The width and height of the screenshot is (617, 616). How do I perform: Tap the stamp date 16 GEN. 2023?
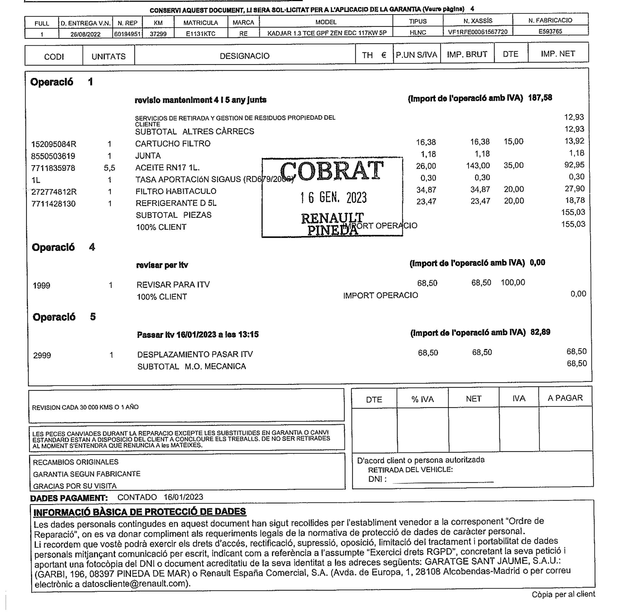click(x=333, y=198)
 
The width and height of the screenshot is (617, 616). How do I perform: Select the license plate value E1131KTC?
click(x=201, y=34)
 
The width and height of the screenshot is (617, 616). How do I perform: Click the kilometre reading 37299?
click(x=158, y=34)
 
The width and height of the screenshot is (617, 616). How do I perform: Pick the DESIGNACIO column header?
click(x=244, y=56)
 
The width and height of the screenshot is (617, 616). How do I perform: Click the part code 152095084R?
click(x=54, y=144)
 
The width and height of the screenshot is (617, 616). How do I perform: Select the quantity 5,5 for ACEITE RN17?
click(x=109, y=168)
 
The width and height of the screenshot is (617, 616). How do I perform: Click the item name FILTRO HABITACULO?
click(x=176, y=191)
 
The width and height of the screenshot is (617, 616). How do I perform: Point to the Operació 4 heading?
click(x=63, y=247)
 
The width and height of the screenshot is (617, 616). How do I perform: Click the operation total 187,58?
click(x=540, y=98)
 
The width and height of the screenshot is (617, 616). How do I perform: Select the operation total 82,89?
click(x=540, y=332)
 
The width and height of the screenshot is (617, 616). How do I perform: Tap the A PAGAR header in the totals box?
click(x=565, y=398)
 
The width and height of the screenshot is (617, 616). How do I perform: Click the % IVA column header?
click(x=422, y=399)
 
